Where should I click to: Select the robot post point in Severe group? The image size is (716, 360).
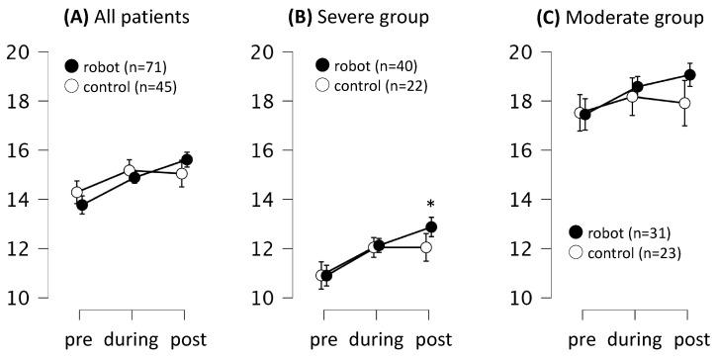(430, 226)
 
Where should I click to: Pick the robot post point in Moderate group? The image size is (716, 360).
(689, 75)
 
